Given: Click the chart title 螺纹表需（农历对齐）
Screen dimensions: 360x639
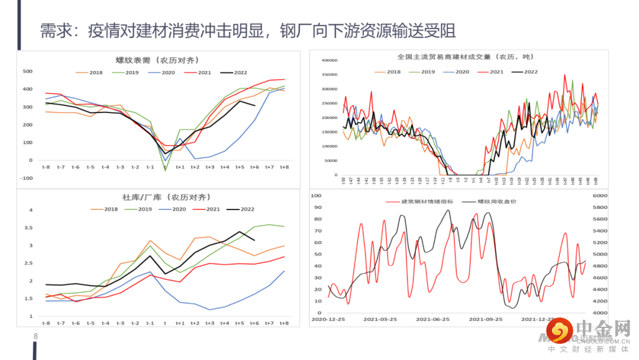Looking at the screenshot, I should tap(157, 60).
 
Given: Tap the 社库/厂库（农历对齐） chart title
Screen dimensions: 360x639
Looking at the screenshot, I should tap(157, 197).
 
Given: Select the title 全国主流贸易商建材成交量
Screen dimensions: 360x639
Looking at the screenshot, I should tap(465, 57).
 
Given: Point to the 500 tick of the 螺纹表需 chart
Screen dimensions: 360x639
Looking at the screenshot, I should tap(27, 72).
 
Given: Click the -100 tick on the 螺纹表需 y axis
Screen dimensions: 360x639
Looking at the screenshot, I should tap(27, 178).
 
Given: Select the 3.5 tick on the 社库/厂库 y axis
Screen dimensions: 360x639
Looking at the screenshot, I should tap(27, 228).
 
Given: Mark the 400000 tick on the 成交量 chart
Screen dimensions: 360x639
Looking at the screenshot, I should tap(328, 60).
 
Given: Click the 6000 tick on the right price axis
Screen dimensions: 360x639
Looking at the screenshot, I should tap(600, 195).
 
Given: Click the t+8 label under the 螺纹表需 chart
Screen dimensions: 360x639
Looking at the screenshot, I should tap(284, 168).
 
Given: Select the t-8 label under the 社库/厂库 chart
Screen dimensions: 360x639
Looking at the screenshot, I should tap(46, 323).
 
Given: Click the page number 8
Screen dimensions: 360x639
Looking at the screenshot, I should tap(35, 337).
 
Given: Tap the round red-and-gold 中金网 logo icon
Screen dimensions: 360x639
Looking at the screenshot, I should tap(560, 332).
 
